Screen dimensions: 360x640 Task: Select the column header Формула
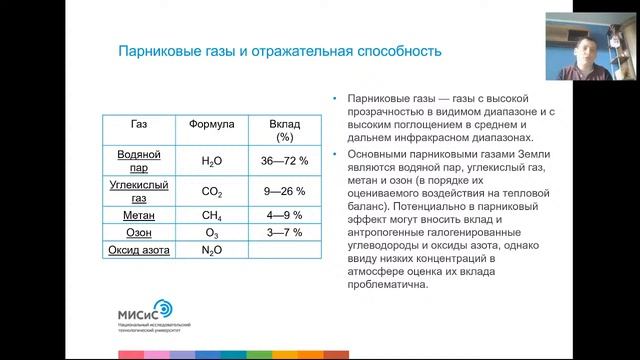tap(212, 124)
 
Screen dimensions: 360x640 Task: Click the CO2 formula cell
tap(212, 192)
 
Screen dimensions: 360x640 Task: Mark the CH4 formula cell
tap(212, 214)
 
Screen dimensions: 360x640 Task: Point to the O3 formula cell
tap(212, 232)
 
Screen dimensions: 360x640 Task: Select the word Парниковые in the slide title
tap(154, 49)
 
